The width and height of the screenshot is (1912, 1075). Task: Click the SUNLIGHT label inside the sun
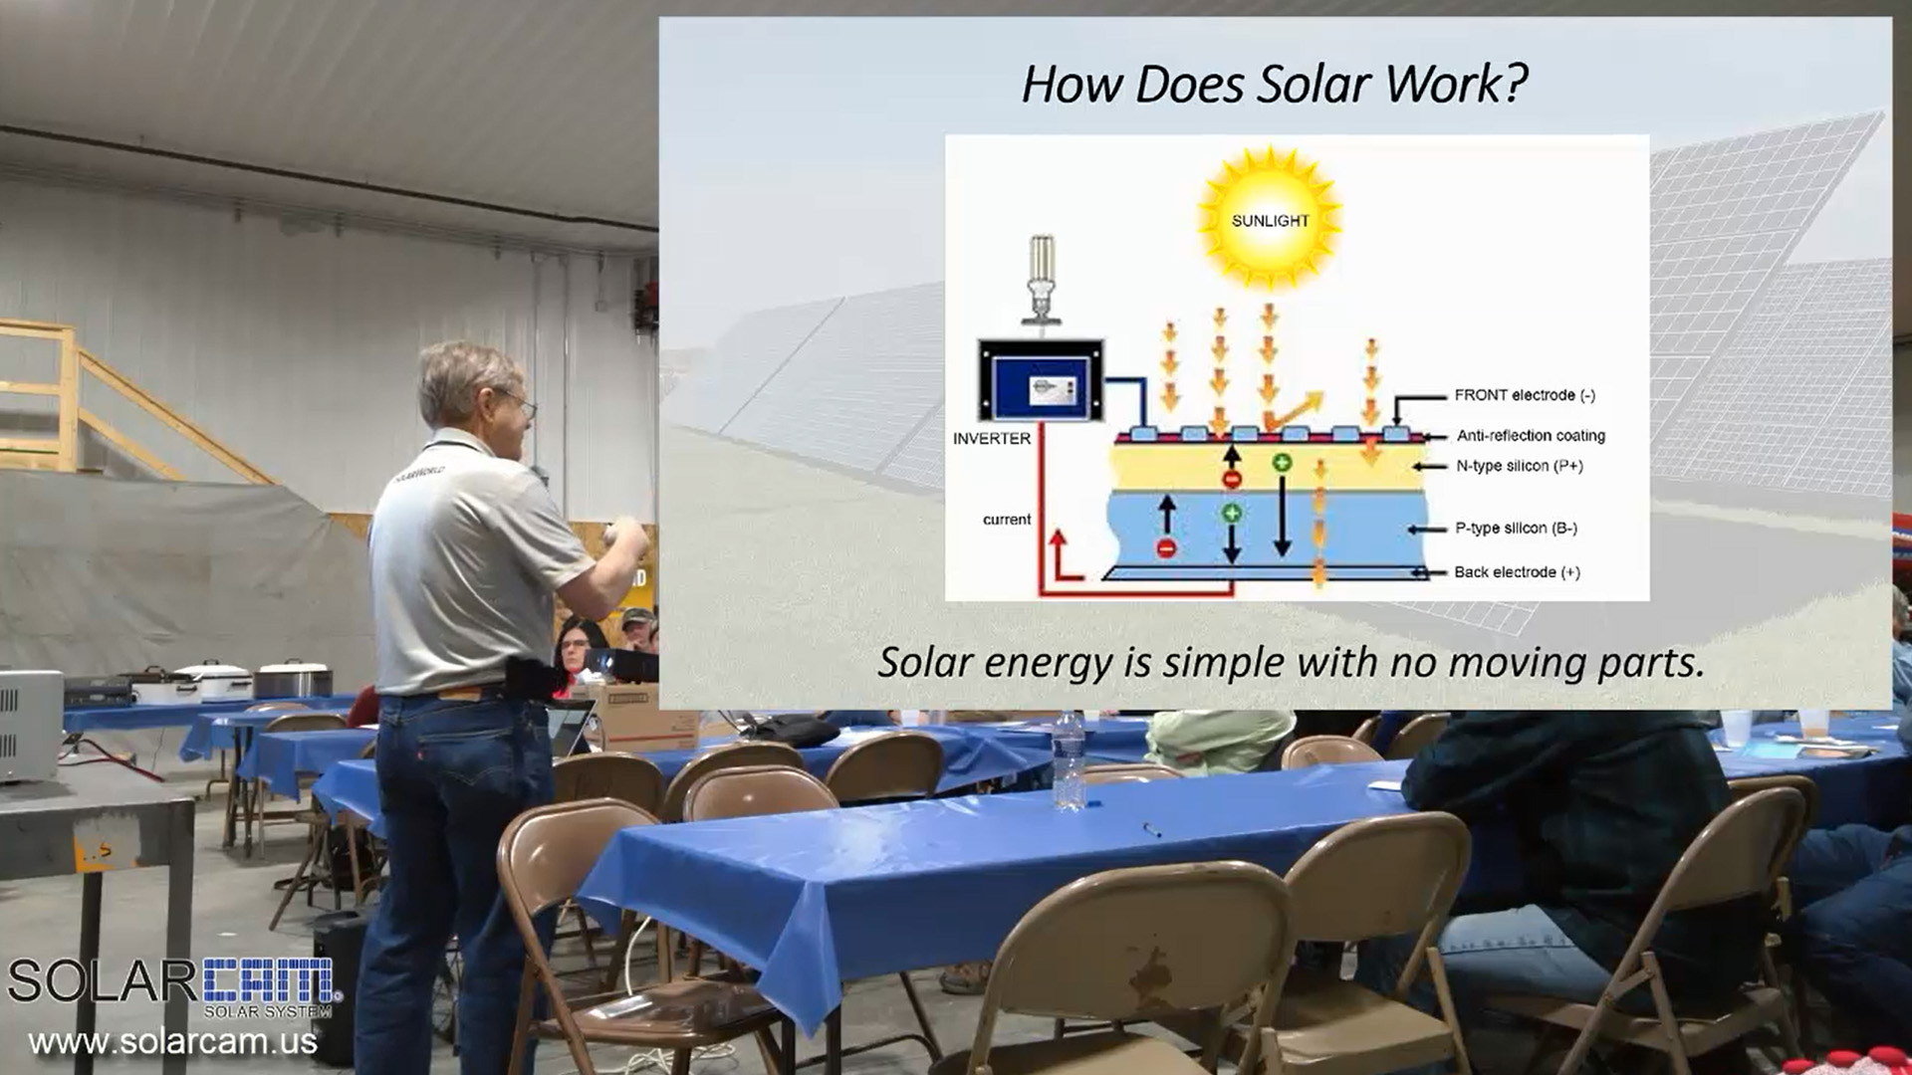pyautogui.click(x=1270, y=220)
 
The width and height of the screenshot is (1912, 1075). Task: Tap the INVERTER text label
pyautogui.click(x=992, y=438)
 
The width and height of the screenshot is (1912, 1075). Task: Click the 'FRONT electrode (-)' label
pyautogui.click(x=1525, y=395)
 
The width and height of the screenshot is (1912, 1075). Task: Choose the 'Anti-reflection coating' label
pyautogui.click(x=1531, y=436)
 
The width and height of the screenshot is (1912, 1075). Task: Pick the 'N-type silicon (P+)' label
pyautogui.click(x=1520, y=466)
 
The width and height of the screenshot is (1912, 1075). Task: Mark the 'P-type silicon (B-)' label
pyautogui.click(x=1516, y=529)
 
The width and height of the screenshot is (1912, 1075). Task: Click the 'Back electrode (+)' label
pyautogui.click(x=1517, y=572)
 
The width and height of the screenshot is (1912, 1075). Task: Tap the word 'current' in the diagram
pyautogui.click(x=1007, y=520)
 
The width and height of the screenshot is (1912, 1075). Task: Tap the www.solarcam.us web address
pyautogui.click(x=172, y=1042)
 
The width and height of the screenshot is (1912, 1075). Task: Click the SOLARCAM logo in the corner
pyautogui.click(x=174, y=986)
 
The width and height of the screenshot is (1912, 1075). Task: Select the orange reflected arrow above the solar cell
pyautogui.click(x=1296, y=409)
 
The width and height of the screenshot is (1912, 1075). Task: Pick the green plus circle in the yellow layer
pyautogui.click(x=1281, y=462)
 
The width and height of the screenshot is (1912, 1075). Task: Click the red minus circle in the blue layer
pyautogui.click(x=1166, y=548)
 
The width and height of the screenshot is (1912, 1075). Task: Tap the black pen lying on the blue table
pyautogui.click(x=1151, y=828)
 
